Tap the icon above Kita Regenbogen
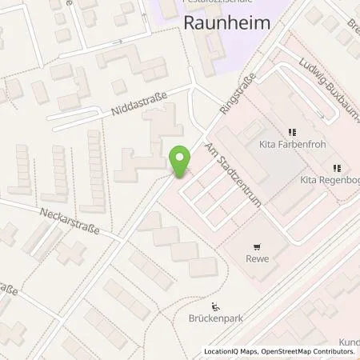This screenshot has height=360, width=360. (337, 168)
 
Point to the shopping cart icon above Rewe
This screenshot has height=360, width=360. (258, 247)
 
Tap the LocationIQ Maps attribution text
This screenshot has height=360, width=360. (231, 352)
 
